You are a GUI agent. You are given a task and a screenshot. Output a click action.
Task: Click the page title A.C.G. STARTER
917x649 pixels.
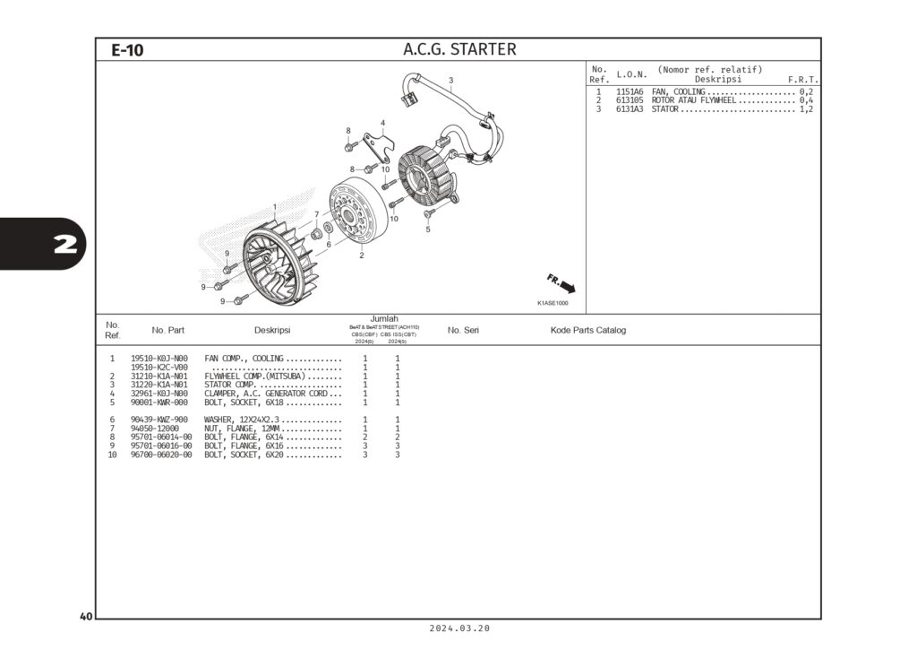click(x=459, y=49)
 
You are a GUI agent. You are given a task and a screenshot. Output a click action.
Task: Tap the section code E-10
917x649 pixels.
click(x=127, y=50)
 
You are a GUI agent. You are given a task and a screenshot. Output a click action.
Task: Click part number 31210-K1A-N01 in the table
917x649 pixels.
click(x=159, y=376)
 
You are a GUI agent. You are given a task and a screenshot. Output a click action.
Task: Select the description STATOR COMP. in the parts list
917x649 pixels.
click(x=231, y=385)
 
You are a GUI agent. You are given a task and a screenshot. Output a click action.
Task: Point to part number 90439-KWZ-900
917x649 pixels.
click(x=159, y=420)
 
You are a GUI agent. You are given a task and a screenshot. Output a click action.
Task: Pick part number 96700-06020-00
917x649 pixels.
click(x=161, y=454)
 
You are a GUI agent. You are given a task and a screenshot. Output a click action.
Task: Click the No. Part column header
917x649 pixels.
click(x=168, y=330)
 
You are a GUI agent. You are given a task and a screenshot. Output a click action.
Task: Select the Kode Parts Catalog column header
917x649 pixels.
click(x=587, y=330)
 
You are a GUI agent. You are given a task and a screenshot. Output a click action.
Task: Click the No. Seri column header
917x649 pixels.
click(x=463, y=330)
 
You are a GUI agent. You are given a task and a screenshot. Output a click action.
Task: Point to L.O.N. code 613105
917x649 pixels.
click(x=630, y=100)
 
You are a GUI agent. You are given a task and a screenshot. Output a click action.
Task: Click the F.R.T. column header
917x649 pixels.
click(x=802, y=80)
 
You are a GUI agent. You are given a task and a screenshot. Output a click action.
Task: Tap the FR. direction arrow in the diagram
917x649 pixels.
click(x=561, y=284)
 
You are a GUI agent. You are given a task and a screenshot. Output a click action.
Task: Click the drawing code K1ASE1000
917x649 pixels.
click(x=553, y=303)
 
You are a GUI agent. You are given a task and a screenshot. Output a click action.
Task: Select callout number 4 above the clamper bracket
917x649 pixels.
click(x=382, y=123)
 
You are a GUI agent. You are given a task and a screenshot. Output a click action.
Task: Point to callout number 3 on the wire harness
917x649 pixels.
click(x=451, y=81)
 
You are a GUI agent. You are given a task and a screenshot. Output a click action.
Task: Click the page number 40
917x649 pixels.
click(x=86, y=617)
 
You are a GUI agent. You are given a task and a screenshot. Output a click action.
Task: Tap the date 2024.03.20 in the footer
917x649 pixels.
click(x=459, y=629)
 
